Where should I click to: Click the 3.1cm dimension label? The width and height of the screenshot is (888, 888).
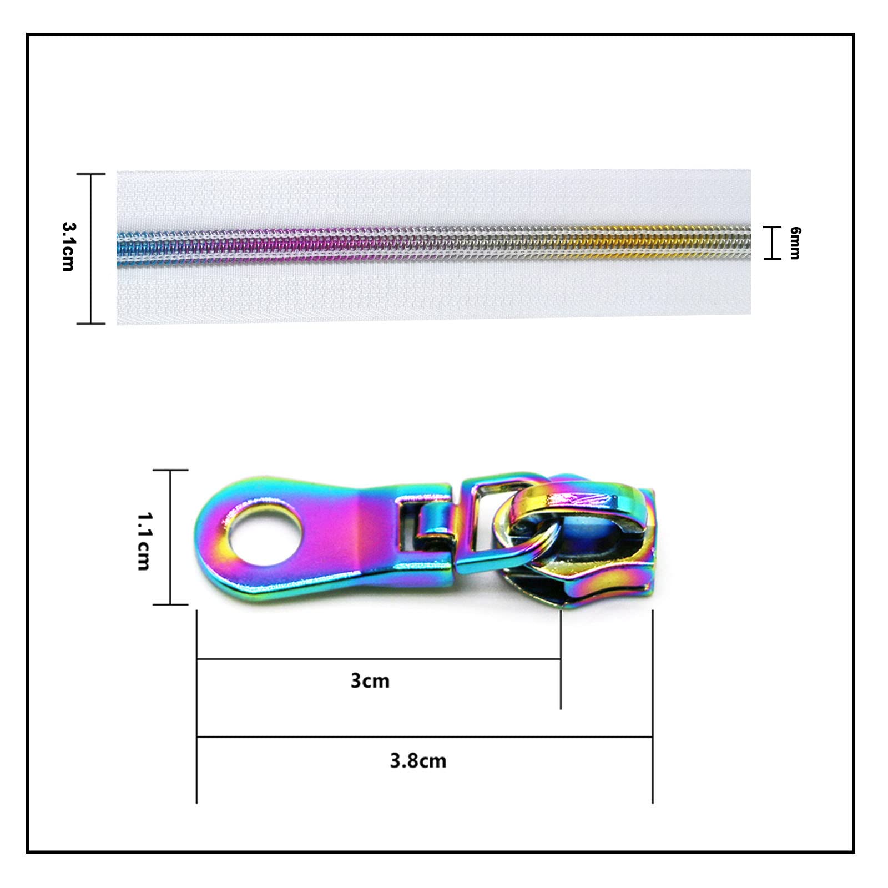click(68, 246)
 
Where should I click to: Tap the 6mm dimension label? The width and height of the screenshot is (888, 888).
click(795, 243)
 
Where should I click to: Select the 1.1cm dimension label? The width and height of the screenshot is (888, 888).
click(143, 541)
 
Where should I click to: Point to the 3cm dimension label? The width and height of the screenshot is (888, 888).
click(370, 680)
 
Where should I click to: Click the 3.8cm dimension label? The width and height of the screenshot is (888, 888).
click(418, 760)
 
